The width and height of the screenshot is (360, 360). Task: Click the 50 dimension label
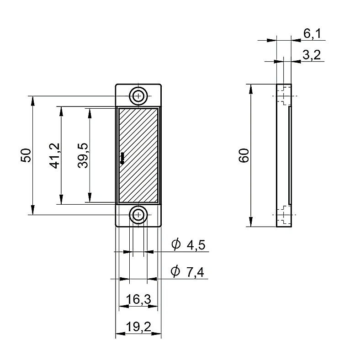26,155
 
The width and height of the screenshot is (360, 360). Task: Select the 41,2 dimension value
54,156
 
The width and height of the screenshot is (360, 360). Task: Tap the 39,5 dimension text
83,156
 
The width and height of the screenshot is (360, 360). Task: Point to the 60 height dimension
244,155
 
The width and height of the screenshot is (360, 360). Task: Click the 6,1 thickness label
312,33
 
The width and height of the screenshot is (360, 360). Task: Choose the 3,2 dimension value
311,55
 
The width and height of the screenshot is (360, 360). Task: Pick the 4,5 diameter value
196,245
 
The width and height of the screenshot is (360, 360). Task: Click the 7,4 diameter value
195,272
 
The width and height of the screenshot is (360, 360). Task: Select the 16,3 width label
138,299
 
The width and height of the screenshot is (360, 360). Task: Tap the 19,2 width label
138,327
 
